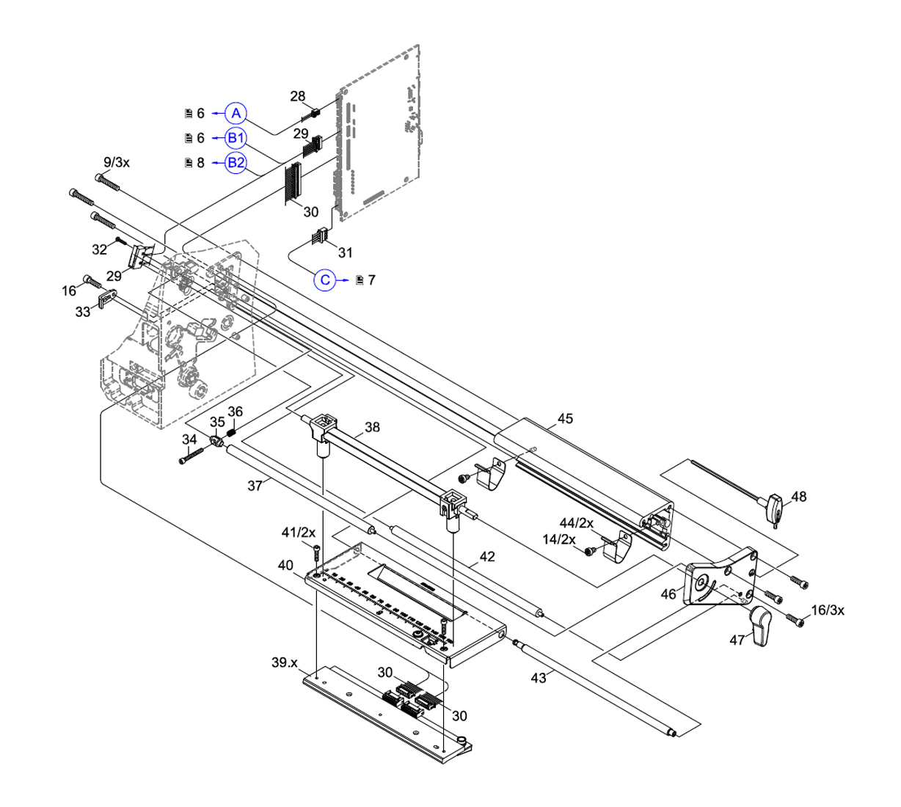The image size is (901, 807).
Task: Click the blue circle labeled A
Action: coord(236,113)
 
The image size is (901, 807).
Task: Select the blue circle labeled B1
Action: coord(236,138)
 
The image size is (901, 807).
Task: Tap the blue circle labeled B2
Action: coord(236,162)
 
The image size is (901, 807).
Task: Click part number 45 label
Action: coord(565,419)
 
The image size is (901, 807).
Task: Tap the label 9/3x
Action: coord(117,162)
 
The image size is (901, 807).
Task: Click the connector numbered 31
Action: coord(320,238)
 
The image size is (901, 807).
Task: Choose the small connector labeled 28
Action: coord(314,114)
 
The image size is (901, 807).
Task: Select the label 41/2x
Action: coord(299,532)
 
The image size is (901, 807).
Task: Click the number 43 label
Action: coord(539,679)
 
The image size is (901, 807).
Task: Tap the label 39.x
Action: coord(284,663)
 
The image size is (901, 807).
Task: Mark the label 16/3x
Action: coord(827,610)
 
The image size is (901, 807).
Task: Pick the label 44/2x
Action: coord(576,523)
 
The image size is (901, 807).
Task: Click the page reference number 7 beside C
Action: coord(371,280)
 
